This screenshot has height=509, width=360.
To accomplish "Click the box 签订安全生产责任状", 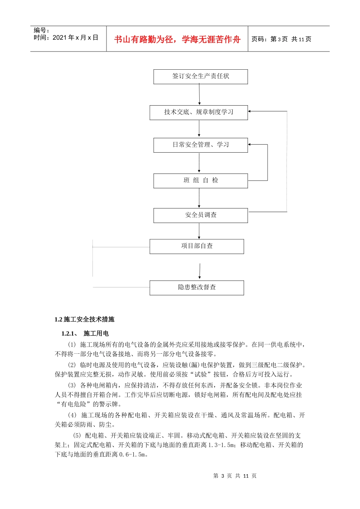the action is (x=200, y=77).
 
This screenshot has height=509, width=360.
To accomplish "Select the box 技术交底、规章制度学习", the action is (x=199, y=112).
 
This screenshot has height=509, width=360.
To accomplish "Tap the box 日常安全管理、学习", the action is (x=200, y=145).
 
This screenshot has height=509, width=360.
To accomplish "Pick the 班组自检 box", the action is (x=200, y=181).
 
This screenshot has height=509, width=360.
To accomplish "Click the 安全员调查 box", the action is (x=200, y=215).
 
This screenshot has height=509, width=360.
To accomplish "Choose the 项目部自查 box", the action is (x=197, y=246).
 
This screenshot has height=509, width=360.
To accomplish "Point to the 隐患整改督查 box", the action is (x=197, y=287).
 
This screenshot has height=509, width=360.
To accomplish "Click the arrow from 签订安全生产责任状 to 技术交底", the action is (x=199, y=94).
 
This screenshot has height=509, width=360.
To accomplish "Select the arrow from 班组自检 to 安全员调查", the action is (x=199, y=198).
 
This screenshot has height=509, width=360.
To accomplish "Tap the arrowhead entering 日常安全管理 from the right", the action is (x=250, y=145).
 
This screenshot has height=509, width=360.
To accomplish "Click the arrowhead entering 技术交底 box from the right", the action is (x=250, y=111).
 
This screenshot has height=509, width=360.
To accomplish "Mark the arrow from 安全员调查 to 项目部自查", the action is (x=199, y=231).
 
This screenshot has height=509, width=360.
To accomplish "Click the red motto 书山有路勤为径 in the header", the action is (x=177, y=39).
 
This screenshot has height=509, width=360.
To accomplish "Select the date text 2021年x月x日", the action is (x=75, y=38).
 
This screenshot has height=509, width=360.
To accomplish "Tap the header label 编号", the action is (x=41, y=30).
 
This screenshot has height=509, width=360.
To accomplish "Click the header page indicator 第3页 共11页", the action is (x=281, y=39).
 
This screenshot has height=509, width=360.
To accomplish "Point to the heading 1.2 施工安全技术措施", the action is (x=85, y=320).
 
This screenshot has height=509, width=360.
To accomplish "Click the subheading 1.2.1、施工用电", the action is (x=85, y=334).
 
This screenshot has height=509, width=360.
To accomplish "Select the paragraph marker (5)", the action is (x=77, y=436).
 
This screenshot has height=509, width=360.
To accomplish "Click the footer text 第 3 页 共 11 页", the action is (x=235, y=476).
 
